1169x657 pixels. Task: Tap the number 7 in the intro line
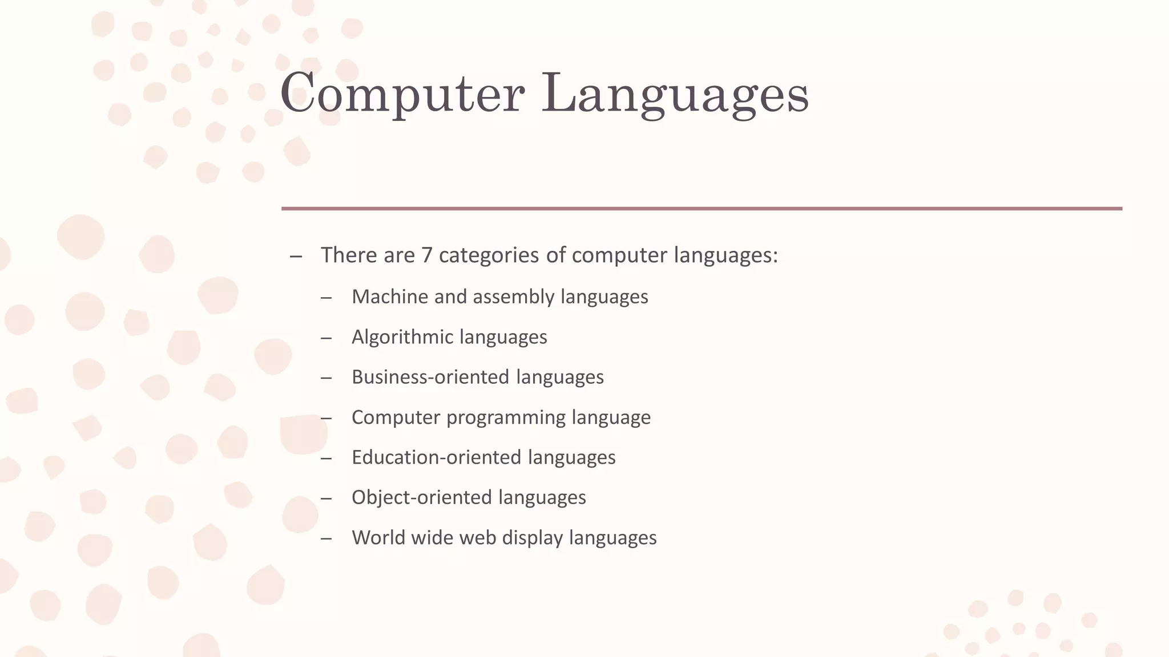426,255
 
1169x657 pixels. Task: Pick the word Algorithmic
402,337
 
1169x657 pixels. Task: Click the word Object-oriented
421,497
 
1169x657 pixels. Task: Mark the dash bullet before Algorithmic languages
326,338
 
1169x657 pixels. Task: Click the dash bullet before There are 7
296,256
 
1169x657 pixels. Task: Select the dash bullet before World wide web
326,538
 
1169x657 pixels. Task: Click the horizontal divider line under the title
702,209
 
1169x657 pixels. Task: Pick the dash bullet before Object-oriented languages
326,498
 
